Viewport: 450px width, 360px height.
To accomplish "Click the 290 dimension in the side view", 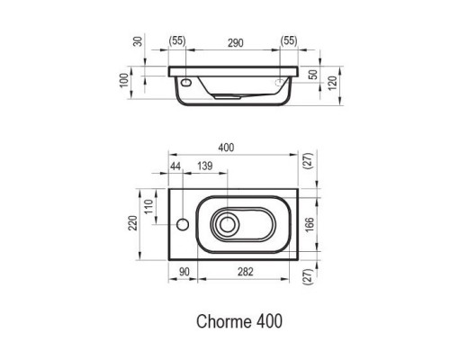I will click(x=237, y=42).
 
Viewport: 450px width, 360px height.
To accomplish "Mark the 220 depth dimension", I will click(x=134, y=220).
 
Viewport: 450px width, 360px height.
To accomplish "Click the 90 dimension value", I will click(x=183, y=272).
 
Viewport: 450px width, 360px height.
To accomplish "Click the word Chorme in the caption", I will click(x=222, y=319).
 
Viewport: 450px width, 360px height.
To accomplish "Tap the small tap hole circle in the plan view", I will click(x=183, y=221).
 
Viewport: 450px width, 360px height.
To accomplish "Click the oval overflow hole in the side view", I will click(x=186, y=79).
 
